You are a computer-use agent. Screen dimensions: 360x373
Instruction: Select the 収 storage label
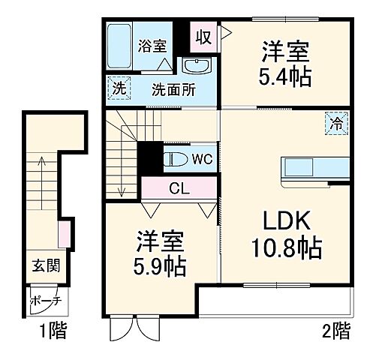[203, 34]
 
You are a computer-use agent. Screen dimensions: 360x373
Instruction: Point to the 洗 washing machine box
[117, 88]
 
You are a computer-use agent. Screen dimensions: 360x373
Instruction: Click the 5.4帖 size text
[285, 76]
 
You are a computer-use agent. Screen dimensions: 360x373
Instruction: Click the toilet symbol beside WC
[176, 160]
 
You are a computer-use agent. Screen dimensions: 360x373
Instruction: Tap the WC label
[200, 160]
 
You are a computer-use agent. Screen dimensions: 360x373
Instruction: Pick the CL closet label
[179, 188]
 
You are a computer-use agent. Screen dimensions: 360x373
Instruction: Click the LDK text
[285, 221]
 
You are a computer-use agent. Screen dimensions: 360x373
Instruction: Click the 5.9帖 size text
[161, 265]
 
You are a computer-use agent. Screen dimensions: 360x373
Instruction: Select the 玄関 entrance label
[46, 265]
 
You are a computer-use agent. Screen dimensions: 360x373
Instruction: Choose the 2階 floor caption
[336, 329]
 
